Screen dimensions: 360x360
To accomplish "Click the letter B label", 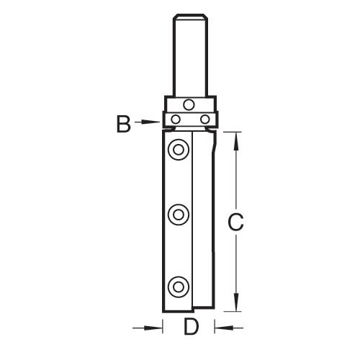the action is click(124, 124).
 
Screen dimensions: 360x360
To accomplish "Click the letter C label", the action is click(235, 222).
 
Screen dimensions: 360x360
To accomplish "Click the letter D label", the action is click(192, 326).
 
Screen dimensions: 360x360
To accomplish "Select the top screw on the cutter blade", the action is click(179, 150).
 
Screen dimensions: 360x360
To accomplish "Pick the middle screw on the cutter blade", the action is click(179, 215).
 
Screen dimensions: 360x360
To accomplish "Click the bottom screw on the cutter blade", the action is click(179, 287).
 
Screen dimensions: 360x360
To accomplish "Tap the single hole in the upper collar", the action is click(189, 104).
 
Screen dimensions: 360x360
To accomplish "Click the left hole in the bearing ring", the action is click(176, 120).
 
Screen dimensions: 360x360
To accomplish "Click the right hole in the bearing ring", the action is click(205, 120).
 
